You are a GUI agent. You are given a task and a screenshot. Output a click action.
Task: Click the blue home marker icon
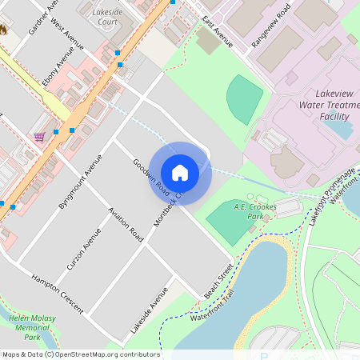click(180, 172)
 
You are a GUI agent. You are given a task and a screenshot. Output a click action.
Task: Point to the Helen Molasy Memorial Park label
click(32, 327)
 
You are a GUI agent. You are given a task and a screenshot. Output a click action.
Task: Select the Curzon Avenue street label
click(82, 248)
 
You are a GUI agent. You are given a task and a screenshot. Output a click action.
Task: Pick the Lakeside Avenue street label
click(150, 310)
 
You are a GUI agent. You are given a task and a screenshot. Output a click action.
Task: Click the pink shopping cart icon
click(38, 137)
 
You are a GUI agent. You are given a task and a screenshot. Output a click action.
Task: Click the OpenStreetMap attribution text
click(80, 354)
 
